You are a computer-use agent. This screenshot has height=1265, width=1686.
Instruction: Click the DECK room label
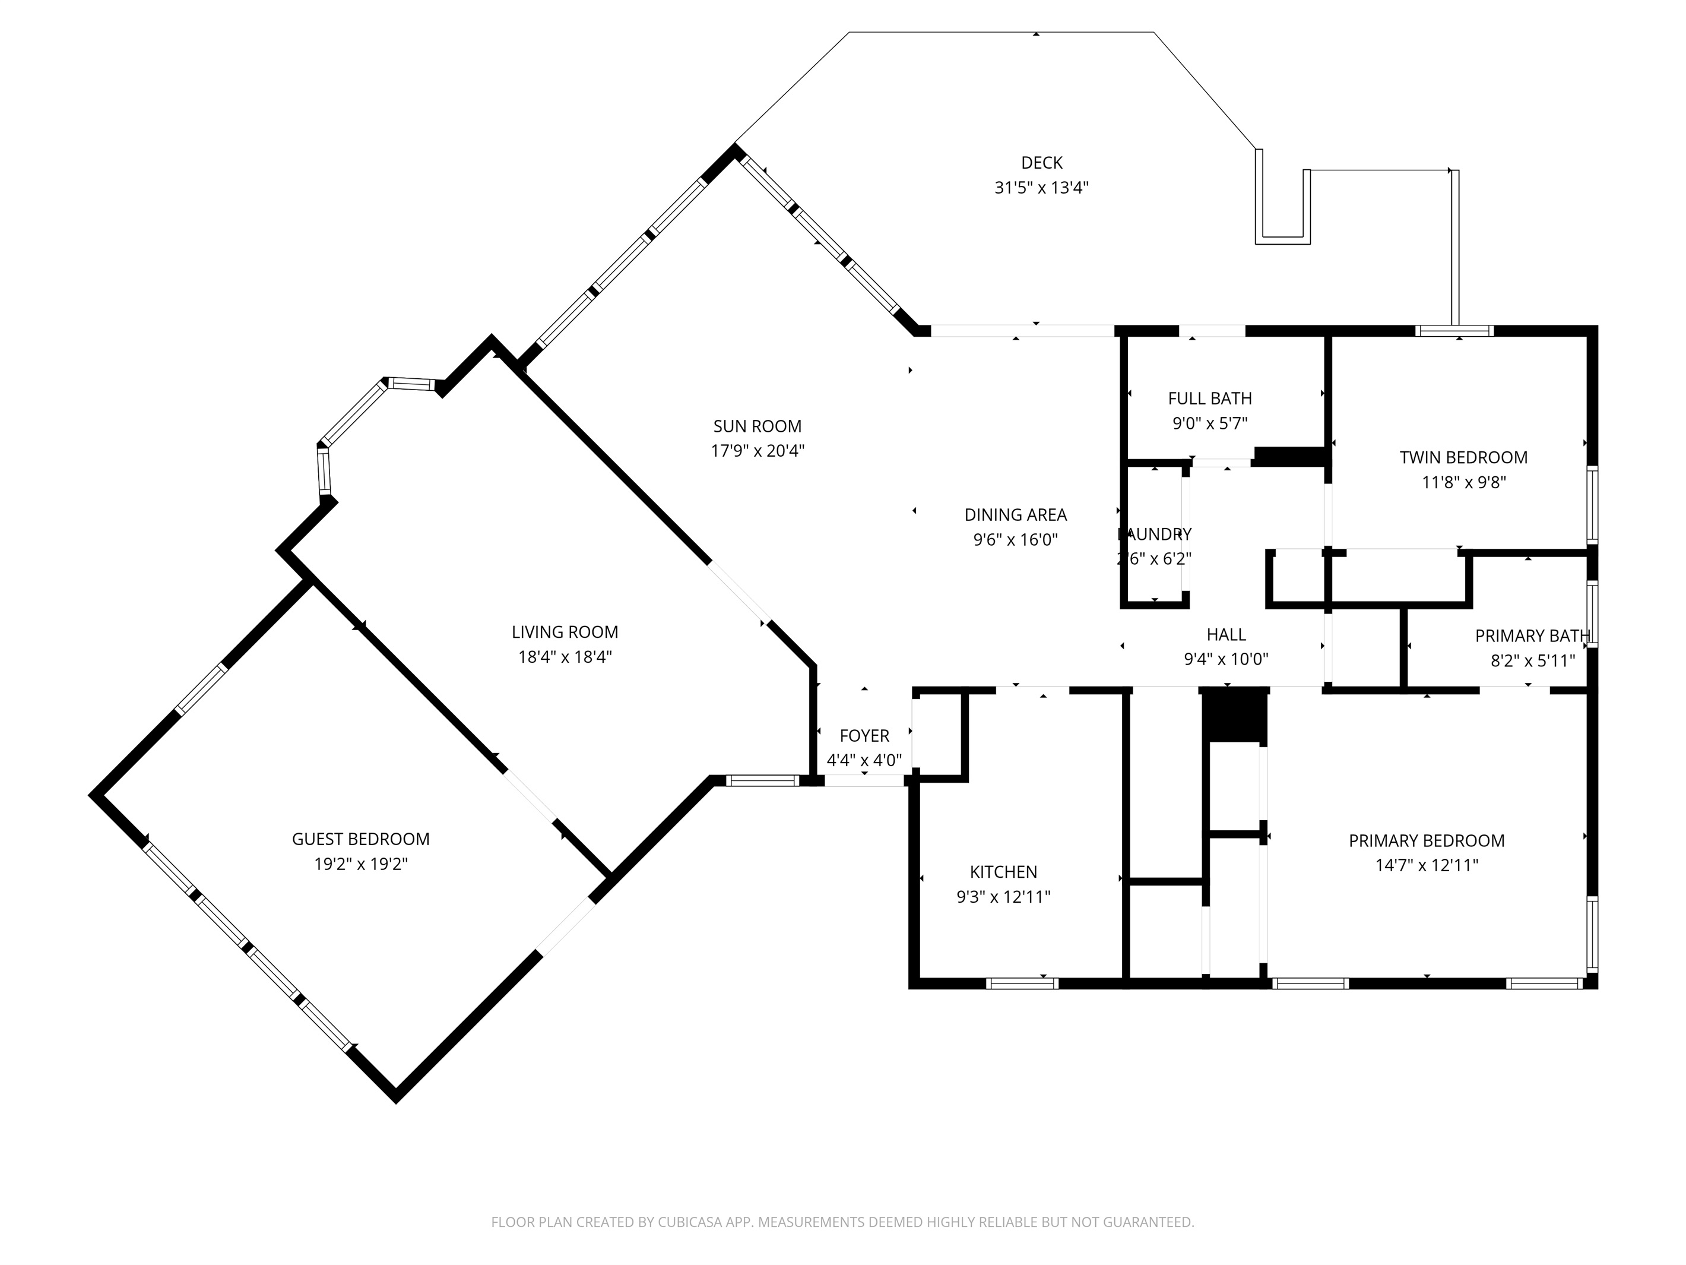click(1041, 162)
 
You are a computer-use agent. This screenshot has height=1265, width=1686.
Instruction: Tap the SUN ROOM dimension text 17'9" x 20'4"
click(758, 451)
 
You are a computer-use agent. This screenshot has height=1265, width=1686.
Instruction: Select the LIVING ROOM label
click(565, 631)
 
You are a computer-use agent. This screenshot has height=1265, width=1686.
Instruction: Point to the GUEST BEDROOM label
click(360, 839)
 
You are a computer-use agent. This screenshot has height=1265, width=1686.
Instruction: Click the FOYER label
click(864, 735)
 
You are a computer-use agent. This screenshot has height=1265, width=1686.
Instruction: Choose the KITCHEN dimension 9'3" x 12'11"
click(1003, 897)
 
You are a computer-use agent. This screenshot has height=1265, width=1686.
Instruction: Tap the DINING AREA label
click(1015, 515)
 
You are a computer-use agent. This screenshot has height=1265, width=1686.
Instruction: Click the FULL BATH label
click(1210, 398)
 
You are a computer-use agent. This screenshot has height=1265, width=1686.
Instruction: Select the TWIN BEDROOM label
click(1463, 457)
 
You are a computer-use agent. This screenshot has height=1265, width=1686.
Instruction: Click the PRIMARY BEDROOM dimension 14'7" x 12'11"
click(1427, 865)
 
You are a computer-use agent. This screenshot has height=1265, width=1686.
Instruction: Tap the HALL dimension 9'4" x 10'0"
click(1226, 659)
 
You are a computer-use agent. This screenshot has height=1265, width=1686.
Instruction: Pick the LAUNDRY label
click(1155, 535)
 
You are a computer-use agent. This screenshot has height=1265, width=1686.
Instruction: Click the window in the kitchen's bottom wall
click(1022, 983)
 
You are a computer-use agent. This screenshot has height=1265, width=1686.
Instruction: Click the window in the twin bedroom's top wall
click(1454, 331)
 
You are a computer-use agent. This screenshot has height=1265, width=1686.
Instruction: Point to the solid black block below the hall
click(1234, 714)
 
